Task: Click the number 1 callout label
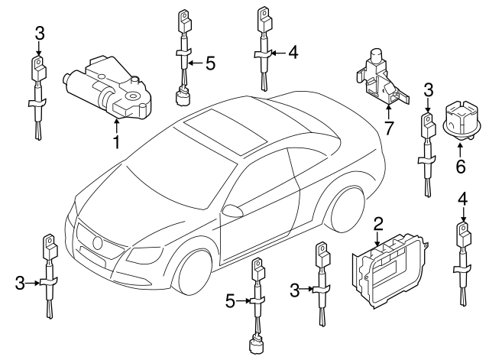point(116,142)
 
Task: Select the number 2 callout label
point(378,225)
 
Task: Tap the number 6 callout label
point(461,166)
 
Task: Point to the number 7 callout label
point(388,128)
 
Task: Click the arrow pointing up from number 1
point(116,125)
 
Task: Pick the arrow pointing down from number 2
point(377,238)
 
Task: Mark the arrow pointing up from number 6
point(460,150)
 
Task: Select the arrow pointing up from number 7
point(389,113)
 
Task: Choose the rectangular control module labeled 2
point(390,271)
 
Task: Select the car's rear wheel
point(346,209)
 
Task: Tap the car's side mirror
point(232,210)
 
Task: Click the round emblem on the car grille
point(97,243)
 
